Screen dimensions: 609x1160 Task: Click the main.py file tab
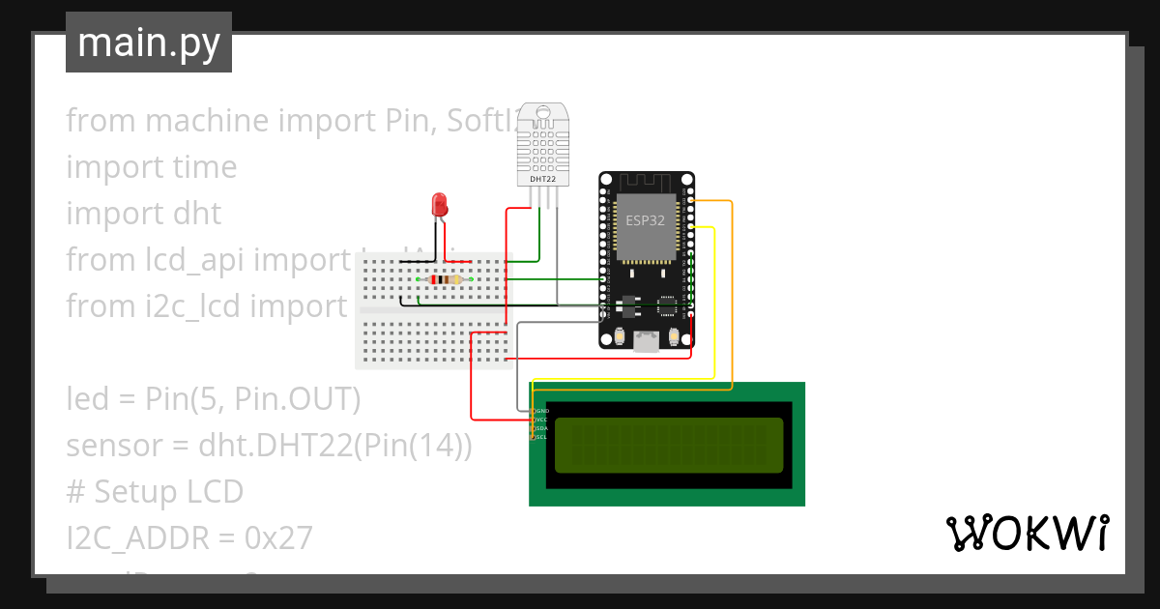(x=148, y=43)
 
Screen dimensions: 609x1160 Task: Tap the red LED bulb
(x=439, y=204)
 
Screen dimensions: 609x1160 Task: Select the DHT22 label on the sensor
(x=542, y=179)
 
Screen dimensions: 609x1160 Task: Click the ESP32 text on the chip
(x=645, y=219)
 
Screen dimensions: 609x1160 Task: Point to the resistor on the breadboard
(x=444, y=280)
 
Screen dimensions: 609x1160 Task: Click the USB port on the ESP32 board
(x=646, y=339)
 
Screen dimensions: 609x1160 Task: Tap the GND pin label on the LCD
(x=542, y=411)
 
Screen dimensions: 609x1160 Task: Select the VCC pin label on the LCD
(x=542, y=420)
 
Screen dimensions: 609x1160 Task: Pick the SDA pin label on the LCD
(x=542, y=428)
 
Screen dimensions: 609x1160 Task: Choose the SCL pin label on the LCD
(x=542, y=437)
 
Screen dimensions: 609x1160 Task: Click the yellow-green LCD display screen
(x=668, y=445)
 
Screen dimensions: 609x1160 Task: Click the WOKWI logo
(x=1027, y=534)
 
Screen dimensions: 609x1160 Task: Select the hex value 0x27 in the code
(x=279, y=538)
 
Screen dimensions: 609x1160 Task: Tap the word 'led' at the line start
(x=88, y=398)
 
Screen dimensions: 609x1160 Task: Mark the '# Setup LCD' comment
(x=155, y=492)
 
